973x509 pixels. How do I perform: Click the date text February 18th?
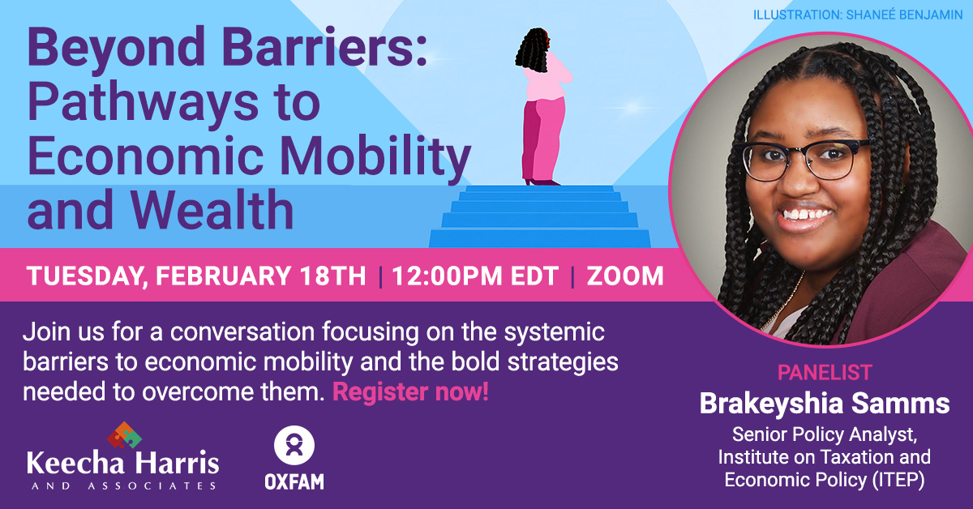coord(261,276)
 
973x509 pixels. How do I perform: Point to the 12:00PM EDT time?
coord(475,276)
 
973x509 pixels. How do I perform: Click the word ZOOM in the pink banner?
coord(624,276)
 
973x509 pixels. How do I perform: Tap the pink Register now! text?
coord(410,393)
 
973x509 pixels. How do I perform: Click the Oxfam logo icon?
coord(294,447)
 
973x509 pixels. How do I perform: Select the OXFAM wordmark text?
coord(294,481)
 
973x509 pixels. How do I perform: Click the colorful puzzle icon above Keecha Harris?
coord(123,435)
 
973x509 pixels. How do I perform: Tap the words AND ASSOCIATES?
coord(122,485)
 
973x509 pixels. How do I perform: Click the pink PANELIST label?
coord(824,373)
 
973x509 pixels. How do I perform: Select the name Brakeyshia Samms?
coord(824,403)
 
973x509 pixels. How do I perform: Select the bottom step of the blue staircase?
coord(540,238)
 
